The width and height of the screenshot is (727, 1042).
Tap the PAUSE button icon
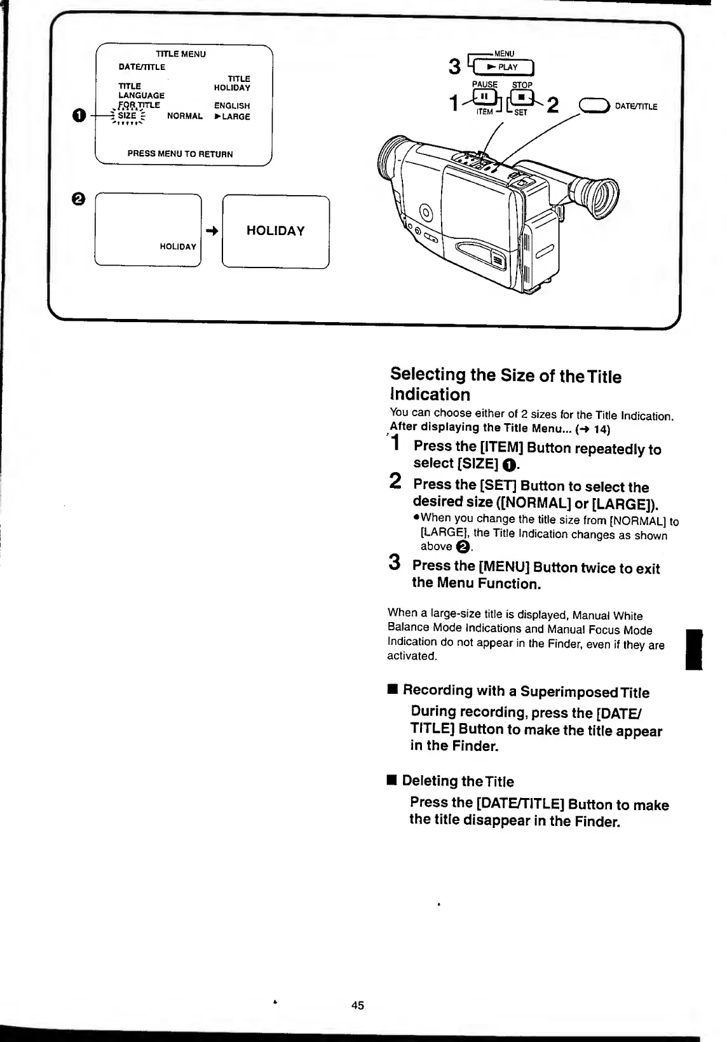(x=484, y=97)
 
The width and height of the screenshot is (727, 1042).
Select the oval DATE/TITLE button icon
(x=595, y=106)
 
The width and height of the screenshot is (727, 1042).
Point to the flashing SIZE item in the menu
(x=127, y=116)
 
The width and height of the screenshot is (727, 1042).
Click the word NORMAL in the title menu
(x=185, y=116)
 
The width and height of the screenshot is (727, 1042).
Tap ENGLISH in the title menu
(x=232, y=106)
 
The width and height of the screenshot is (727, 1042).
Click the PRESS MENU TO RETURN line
(x=180, y=154)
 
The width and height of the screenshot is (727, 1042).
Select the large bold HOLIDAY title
(x=275, y=231)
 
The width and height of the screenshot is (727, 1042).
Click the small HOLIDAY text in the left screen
(x=178, y=247)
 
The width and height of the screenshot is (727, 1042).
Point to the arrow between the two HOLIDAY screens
(x=212, y=232)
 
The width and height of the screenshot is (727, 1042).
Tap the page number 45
(x=358, y=1005)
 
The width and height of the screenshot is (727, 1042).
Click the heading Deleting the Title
(x=458, y=781)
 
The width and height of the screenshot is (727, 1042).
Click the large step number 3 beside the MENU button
(x=454, y=66)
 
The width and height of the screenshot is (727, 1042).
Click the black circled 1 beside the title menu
(x=78, y=116)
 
